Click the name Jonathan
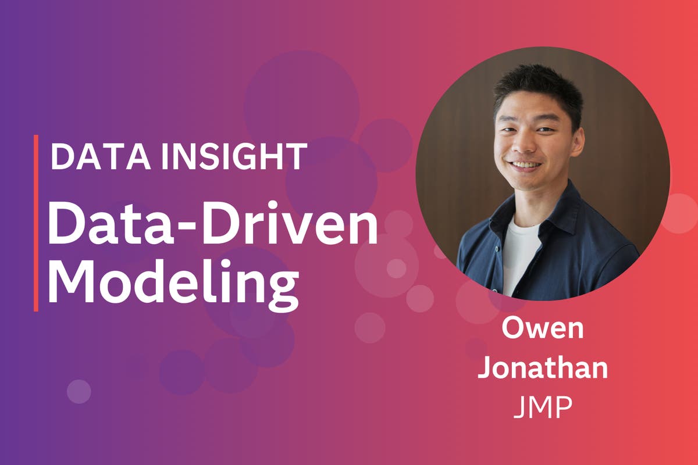(x=542, y=370)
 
